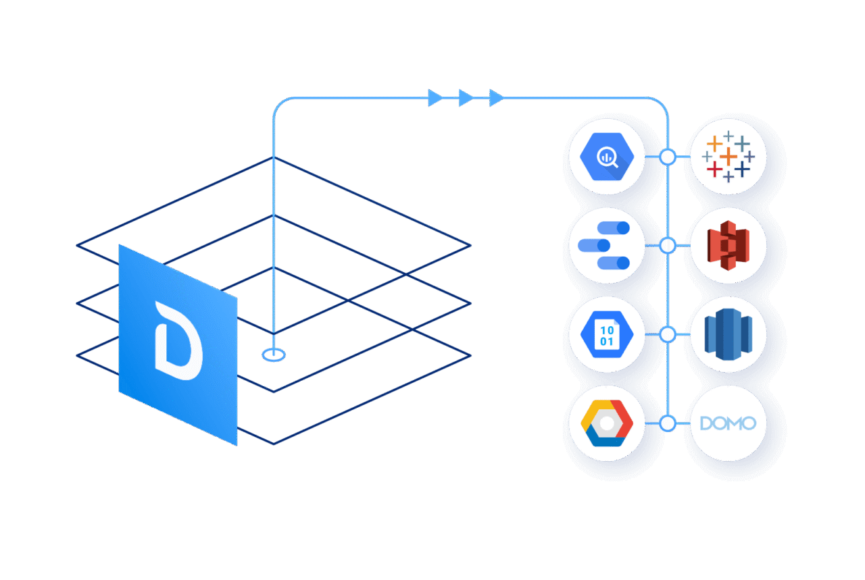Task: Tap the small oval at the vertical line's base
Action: [x=274, y=354]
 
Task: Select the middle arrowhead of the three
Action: [x=466, y=98]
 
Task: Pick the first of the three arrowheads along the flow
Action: [x=436, y=98]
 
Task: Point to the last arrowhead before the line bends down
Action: [x=496, y=98]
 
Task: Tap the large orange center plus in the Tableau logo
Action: [x=728, y=157]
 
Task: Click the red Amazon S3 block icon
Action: [x=728, y=245]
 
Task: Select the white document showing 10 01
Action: [x=608, y=335]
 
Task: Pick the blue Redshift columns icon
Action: [x=728, y=335]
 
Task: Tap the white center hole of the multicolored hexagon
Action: [x=608, y=423]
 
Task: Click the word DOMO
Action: [x=728, y=423]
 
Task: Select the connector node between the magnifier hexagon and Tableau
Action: [x=668, y=157]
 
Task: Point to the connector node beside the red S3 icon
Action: [x=668, y=245]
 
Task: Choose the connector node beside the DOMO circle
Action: [x=668, y=423]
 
